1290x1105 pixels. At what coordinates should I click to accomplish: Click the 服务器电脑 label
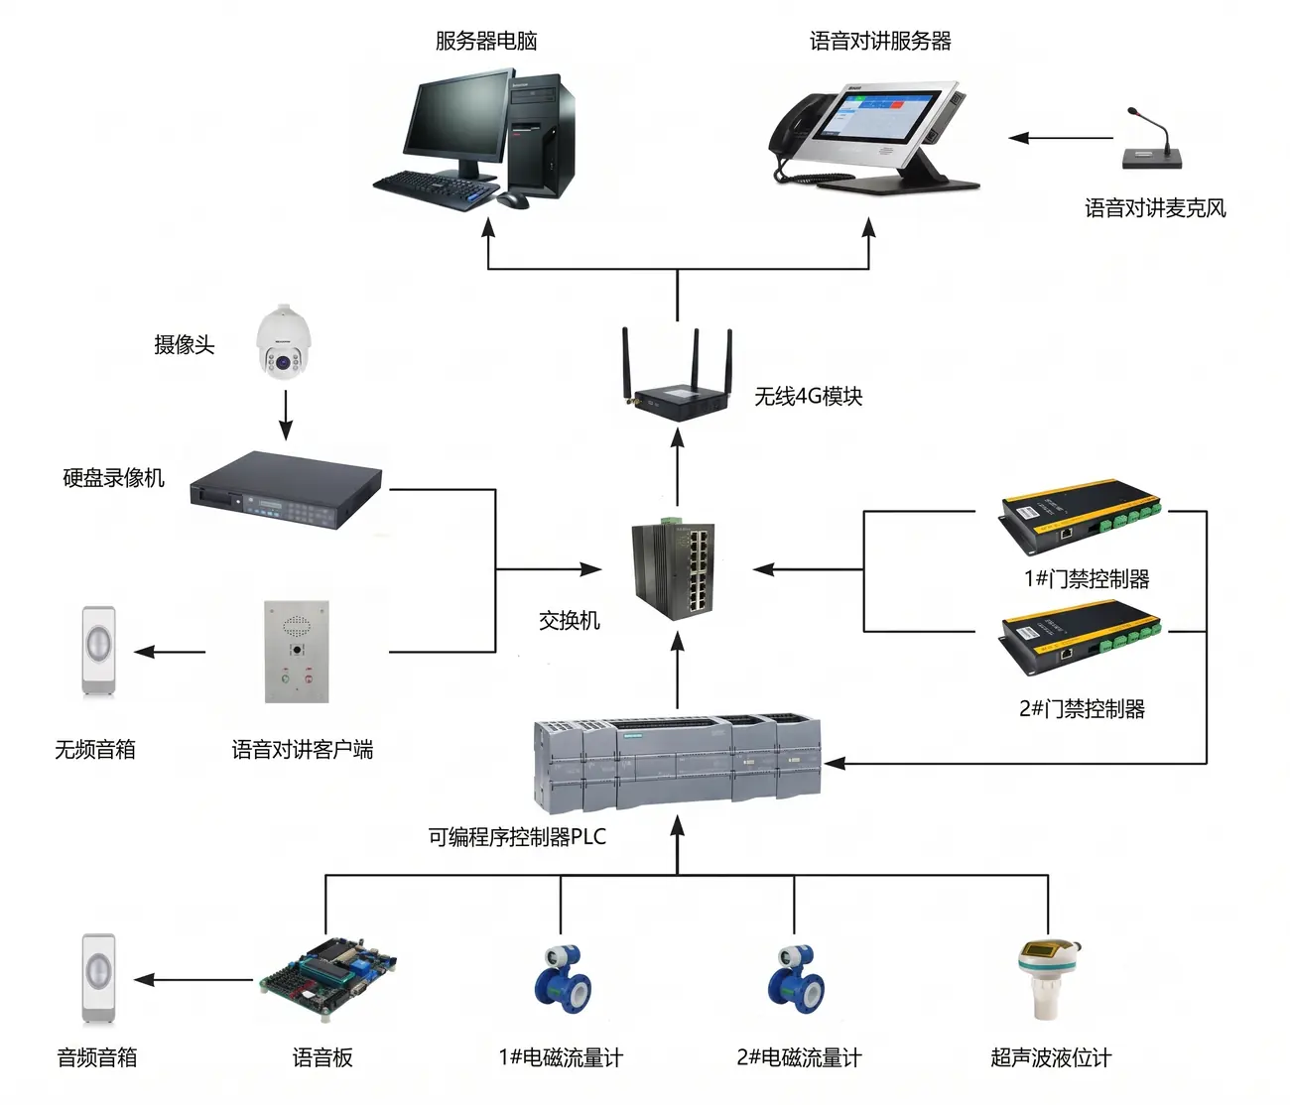(x=485, y=41)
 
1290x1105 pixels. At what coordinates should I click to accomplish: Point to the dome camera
(x=284, y=341)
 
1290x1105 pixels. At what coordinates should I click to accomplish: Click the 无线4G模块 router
(x=678, y=374)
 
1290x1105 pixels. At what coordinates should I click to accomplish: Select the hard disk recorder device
(x=286, y=490)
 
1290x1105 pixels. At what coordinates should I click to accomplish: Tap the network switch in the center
(x=674, y=569)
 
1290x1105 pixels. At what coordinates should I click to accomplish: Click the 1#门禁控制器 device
(x=1081, y=516)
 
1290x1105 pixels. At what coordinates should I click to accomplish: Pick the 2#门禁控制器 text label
(x=1082, y=709)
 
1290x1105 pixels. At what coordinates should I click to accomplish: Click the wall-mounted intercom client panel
(x=297, y=652)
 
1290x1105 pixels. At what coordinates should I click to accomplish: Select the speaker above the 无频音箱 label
(x=98, y=651)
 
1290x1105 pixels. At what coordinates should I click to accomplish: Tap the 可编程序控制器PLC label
(x=517, y=837)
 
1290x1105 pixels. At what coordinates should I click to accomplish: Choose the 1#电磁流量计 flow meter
(x=563, y=979)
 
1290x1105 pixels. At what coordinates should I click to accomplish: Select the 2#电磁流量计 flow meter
(x=796, y=979)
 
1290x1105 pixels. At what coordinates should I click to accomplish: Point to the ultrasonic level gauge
(x=1049, y=980)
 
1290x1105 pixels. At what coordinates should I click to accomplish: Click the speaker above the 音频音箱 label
(x=98, y=978)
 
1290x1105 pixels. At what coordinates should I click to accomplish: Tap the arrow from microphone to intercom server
(x=1061, y=138)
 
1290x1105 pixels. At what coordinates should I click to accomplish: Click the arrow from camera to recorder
(x=286, y=415)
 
